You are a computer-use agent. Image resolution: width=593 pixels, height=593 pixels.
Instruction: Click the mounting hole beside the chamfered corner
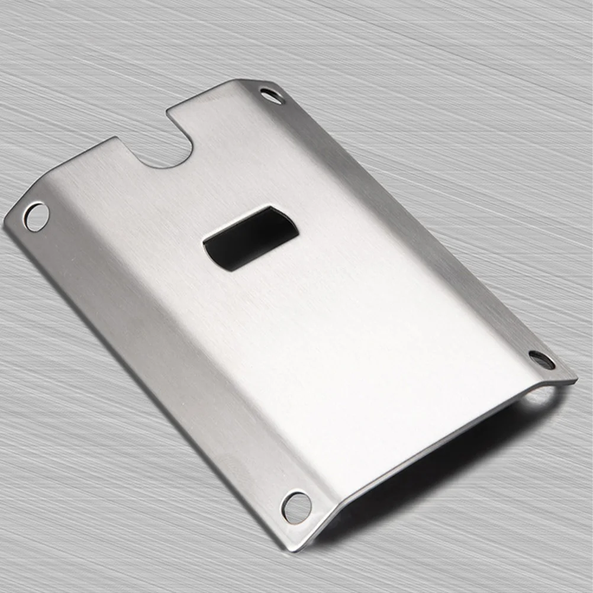click(272, 95)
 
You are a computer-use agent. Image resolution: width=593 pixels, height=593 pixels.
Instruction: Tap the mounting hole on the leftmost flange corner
click(36, 216)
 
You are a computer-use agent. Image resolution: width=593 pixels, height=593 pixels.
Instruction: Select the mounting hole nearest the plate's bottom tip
click(296, 507)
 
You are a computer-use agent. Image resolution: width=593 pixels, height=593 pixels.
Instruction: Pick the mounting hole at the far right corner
click(542, 359)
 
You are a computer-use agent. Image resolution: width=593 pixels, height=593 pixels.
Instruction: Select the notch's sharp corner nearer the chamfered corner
click(169, 109)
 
